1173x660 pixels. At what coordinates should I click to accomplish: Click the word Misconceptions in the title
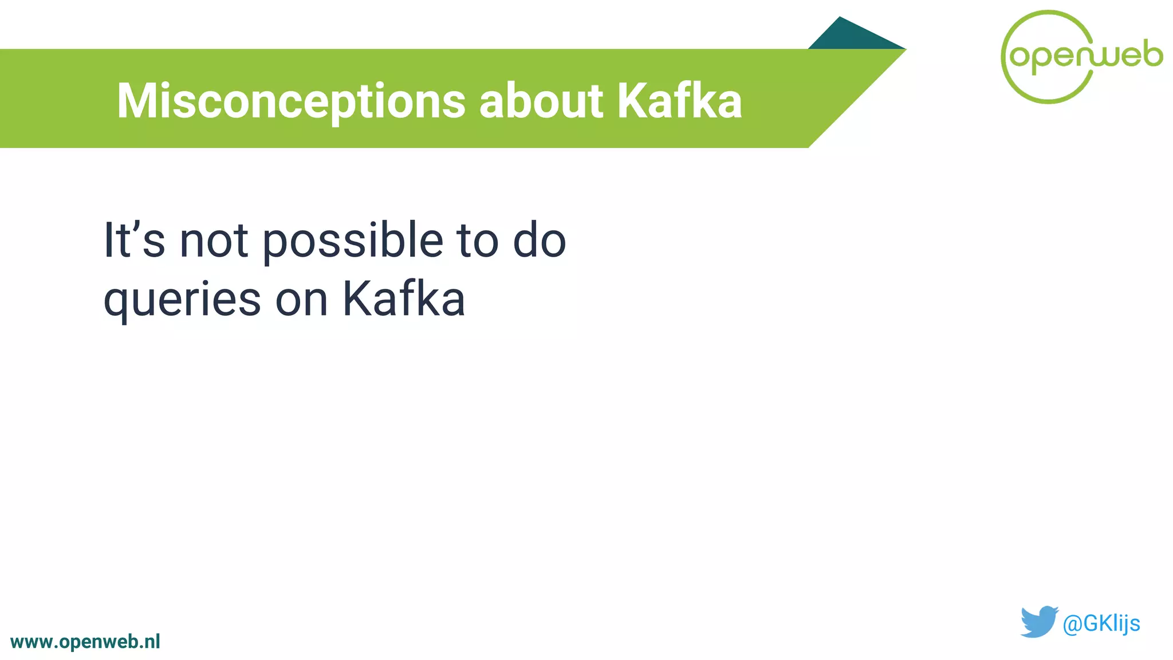point(291,101)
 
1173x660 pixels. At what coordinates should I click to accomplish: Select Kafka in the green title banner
point(679,101)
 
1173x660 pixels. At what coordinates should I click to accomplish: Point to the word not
point(214,241)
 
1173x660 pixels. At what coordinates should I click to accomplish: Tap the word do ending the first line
point(539,241)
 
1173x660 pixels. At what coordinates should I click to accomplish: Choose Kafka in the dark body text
point(404,299)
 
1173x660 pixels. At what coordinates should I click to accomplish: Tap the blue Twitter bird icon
point(1038,622)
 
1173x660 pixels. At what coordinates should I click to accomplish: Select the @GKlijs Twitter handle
point(1101,623)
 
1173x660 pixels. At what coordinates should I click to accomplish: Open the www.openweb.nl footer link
point(85,642)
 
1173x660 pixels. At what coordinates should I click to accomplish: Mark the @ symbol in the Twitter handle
point(1072,624)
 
